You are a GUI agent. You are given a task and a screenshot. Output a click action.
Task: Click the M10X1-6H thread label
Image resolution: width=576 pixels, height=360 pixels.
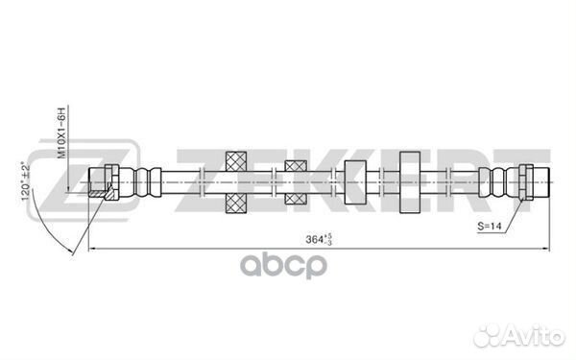pos(62,133)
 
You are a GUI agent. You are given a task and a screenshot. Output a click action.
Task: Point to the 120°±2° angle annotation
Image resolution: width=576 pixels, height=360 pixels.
pos(26,181)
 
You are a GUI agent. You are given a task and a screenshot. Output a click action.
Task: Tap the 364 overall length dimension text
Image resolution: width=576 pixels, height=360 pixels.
pos(319,239)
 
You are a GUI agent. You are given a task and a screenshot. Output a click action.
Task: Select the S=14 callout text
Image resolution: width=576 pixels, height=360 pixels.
pos(490,226)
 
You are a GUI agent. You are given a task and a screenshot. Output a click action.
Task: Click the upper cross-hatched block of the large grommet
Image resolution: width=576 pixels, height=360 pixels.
pos(236,161)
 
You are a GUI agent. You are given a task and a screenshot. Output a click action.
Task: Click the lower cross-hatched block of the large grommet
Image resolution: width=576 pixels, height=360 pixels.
pos(236,204)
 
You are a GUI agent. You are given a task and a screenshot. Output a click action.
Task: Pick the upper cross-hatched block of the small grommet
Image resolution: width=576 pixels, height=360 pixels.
pos(296,166)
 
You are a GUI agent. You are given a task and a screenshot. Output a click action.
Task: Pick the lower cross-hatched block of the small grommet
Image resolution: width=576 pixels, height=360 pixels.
pos(296,199)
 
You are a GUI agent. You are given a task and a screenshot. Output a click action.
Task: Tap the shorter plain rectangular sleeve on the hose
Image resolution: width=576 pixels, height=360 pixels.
pos(355,182)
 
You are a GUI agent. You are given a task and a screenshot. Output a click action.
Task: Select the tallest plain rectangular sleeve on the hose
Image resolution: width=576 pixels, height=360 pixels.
pos(410,182)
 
